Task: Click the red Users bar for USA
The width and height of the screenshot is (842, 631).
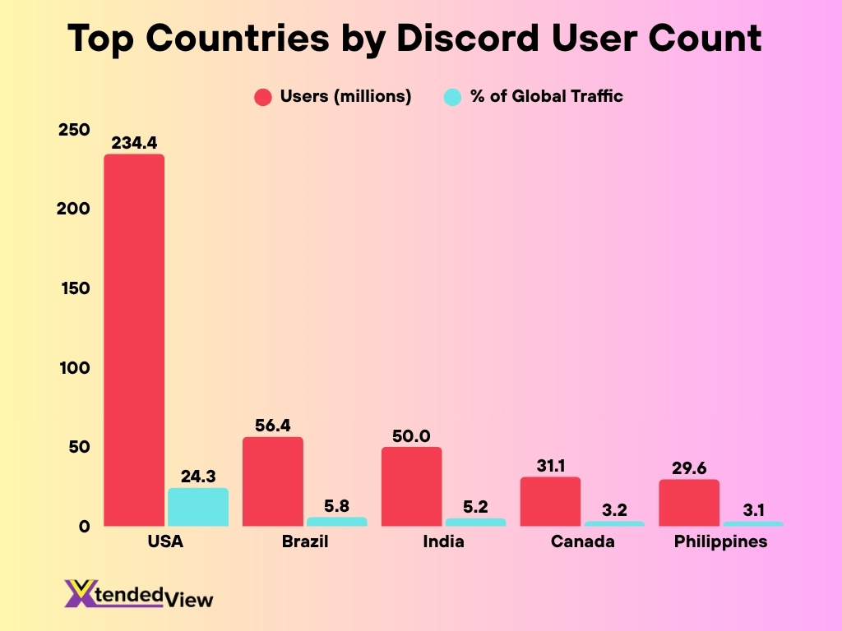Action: click(133, 340)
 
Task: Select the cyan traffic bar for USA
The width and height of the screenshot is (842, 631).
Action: click(198, 507)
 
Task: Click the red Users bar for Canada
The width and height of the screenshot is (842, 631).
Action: click(550, 501)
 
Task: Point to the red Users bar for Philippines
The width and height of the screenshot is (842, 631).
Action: click(688, 503)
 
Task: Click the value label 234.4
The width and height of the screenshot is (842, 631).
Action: click(133, 143)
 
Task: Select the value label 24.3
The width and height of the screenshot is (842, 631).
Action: click(198, 477)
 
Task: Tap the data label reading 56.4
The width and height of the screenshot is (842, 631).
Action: click(272, 426)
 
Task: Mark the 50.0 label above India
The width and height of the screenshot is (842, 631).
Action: click(411, 435)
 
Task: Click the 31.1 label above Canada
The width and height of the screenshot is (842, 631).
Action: click(550, 466)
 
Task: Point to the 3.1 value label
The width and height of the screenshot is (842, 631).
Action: click(753, 510)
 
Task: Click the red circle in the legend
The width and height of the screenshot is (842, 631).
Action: click(262, 97)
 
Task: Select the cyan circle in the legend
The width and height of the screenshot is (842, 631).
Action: click(452, 97)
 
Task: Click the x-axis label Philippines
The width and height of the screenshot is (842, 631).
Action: click(720, 542)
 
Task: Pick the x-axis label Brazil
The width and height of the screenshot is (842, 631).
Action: click(304, 542)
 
